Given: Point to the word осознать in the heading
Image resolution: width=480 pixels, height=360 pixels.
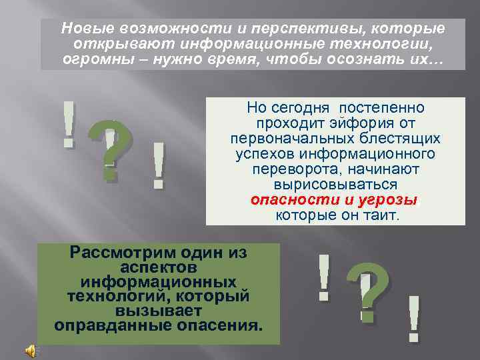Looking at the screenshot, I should (x=371, y=60).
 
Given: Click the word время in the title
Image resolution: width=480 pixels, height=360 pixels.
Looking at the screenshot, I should (x=238, y=60).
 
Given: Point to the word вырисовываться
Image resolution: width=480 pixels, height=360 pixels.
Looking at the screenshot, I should (x=335, y=185).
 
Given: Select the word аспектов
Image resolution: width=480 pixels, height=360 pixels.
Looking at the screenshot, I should (x=159, y=267).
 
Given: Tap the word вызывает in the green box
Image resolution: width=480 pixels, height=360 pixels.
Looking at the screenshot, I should (x=159, y=310).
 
